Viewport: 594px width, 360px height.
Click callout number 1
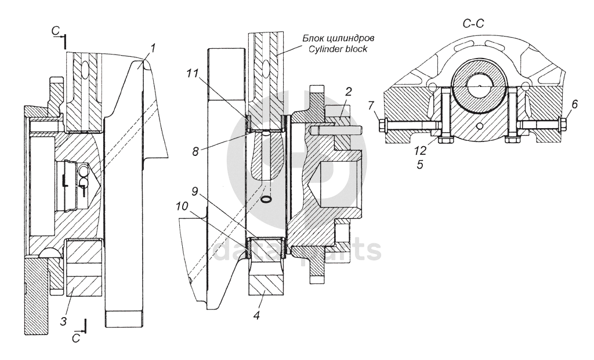click(153, 49)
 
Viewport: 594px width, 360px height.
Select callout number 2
click(349, 91)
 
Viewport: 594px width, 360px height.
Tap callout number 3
click(64, 321)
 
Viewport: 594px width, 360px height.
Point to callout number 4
click(257, 315)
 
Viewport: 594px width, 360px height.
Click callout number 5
click(420, 165)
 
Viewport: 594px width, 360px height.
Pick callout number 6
click(574, 104)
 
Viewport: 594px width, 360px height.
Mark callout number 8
click(195, 152)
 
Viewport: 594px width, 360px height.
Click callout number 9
click(195, 191)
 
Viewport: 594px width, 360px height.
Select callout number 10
click(182, 206)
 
